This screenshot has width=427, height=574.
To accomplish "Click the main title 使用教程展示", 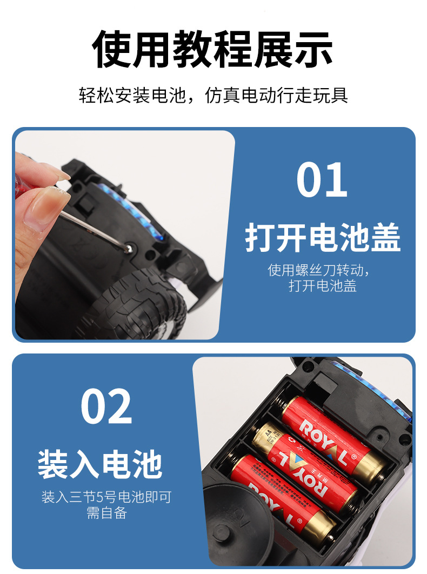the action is pos(212,49).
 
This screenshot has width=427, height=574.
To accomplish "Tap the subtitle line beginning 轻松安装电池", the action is pos(213,95).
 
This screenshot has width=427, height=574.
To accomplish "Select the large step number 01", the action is pos(322,180).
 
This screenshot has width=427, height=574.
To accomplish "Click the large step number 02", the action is pos(106,406).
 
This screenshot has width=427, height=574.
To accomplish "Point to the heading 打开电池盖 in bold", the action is pos(323,237).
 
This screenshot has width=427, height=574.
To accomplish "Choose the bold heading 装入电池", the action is pos(100,464).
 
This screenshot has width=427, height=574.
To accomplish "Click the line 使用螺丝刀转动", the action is pos(318,270).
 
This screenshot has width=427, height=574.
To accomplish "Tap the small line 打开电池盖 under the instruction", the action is pos(322,285).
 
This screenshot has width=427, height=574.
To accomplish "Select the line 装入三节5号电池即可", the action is pos(106,497).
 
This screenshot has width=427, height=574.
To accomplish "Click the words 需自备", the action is pos(106,513).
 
